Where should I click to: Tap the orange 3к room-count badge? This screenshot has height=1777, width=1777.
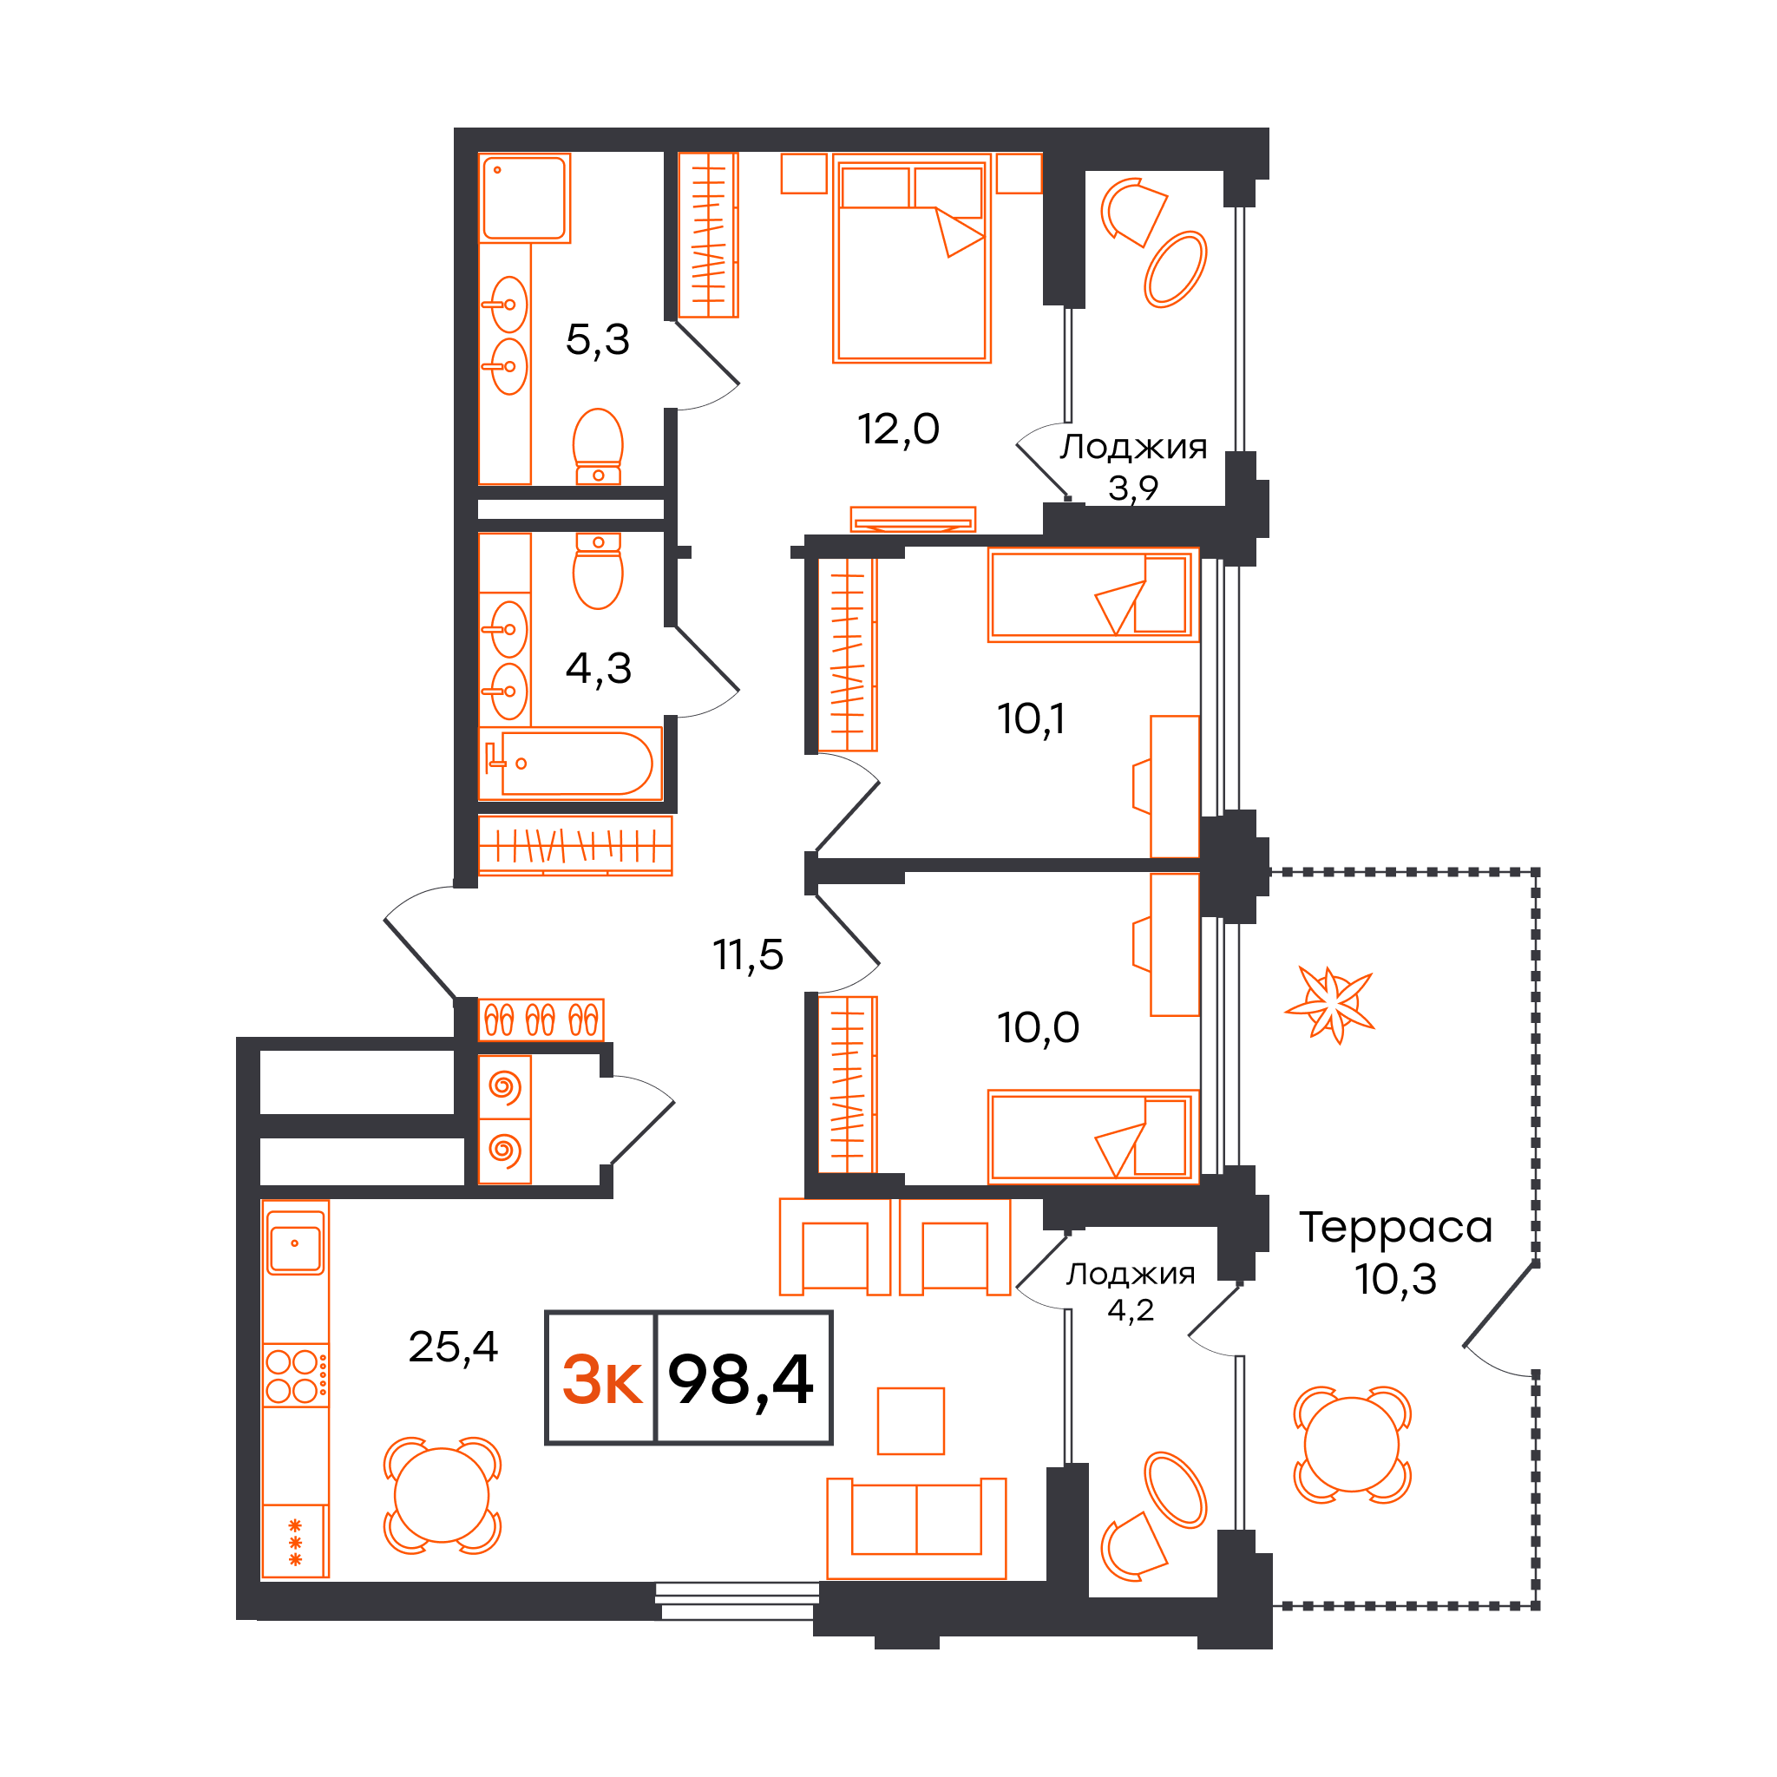pos(602,1380)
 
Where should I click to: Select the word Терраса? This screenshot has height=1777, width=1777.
pos(1395,1228)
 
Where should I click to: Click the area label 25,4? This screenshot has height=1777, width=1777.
pos(454,1347)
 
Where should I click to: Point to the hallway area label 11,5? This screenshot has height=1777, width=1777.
pos(748,954)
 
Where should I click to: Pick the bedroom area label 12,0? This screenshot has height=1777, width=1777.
pos(899,429)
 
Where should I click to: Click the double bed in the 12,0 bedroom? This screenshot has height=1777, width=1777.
pos(912,259)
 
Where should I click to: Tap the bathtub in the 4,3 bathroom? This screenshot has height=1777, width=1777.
pos(570,764)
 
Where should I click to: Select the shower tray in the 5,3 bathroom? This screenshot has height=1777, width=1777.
pos(525,198)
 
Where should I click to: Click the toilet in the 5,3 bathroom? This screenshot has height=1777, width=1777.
pos(598,447)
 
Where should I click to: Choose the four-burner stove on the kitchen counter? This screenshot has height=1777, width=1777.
pos(295,1375)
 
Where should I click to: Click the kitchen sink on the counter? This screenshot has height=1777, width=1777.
pos(295,1243)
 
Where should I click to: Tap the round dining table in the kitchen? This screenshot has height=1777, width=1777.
pos(442,1496)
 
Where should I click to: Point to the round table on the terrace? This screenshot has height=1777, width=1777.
pos(1351,1444)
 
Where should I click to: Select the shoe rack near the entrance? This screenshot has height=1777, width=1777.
pos(541,1020)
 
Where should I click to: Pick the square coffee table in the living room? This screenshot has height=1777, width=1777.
pos(910,1421)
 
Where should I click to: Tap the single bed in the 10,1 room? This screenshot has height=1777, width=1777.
pos(1093,595)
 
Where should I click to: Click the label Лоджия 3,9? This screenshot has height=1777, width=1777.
pos(1133,466)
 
